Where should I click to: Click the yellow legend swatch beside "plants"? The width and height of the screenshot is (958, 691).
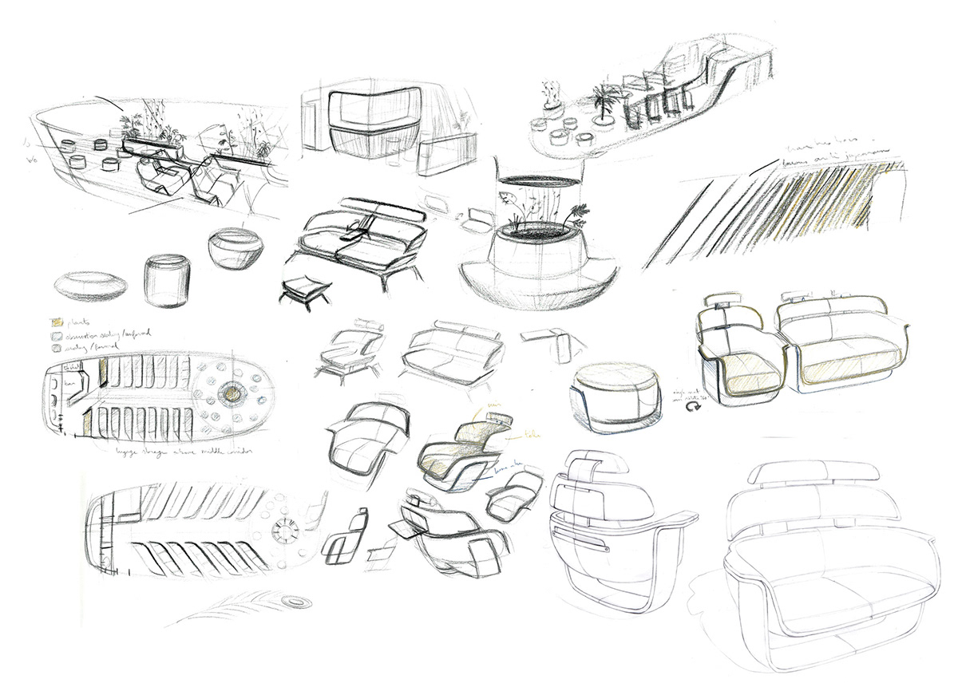(x=57, y=321)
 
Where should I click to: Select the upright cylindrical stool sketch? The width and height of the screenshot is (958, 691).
(x=168, y=280)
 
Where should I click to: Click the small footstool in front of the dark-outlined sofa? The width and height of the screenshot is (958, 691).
(x=305, y=289)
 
